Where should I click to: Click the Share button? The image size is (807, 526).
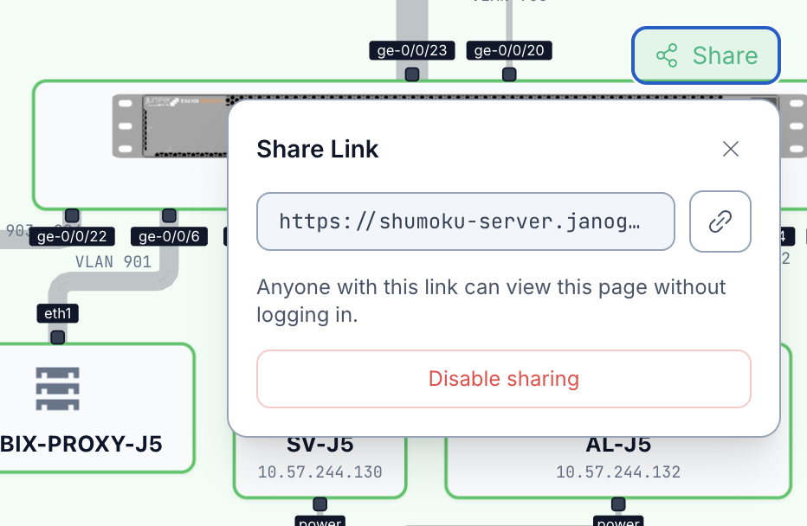(707, 56)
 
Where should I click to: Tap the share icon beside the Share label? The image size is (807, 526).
(667, 56)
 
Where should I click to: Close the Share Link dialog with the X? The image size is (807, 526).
(731, 149)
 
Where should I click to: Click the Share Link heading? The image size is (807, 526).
(318, 149)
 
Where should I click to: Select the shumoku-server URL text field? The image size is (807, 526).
(465, 221)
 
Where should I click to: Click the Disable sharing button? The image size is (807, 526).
(503, 379)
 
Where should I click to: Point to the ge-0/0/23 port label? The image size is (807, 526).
(412, 50)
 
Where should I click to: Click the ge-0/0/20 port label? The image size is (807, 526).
(509, 50)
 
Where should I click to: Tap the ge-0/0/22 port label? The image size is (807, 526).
(72, 236)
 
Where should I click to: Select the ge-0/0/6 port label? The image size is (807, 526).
(169, 236)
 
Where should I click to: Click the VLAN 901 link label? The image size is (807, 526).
(113, 261)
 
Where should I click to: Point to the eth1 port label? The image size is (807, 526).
(57, 312)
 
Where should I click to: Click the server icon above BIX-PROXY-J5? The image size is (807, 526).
(58, 388)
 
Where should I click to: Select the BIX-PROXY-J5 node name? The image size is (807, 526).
(81, 445)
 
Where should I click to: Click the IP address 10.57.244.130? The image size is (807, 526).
(320, 472)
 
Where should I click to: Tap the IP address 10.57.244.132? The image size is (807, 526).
(617, 472)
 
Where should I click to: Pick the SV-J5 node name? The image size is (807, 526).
(320, 446)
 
